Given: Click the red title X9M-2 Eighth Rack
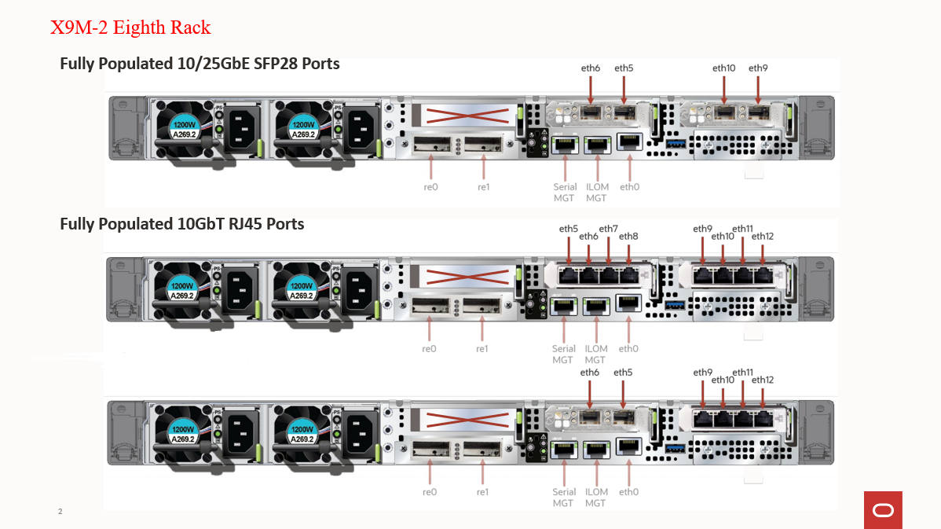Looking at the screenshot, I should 130,28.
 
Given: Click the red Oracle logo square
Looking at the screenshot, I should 882,510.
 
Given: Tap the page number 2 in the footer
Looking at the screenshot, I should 60,512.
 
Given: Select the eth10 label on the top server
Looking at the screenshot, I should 723,68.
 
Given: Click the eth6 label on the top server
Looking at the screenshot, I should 591,68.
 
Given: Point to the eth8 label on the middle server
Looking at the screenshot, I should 628,236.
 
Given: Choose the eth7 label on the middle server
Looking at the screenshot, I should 608,229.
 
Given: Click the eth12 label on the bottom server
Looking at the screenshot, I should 762,380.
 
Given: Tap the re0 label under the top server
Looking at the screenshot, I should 430,187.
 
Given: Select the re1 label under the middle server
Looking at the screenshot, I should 482,348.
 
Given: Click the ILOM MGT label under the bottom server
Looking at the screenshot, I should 596,497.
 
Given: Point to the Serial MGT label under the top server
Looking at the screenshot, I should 564,192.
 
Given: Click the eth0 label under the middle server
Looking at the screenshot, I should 628,348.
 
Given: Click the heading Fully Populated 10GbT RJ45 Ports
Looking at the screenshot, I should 182,223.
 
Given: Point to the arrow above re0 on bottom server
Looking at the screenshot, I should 430,471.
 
